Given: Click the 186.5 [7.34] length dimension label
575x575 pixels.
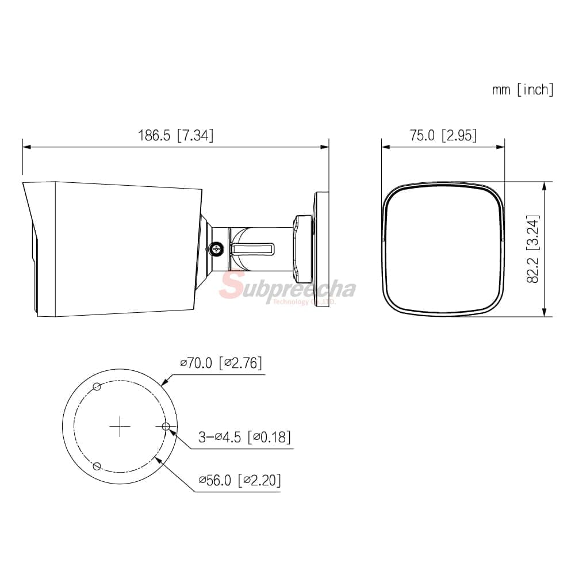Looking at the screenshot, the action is coord(175,135).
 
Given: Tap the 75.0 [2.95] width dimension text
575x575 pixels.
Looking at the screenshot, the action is coord(443,135).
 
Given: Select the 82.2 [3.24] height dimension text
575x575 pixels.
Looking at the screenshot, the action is coord(533,249).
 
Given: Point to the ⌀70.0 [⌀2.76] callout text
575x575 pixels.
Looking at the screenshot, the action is coord(221,363).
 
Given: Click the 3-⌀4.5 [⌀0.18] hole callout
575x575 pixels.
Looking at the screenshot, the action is coord(244,437).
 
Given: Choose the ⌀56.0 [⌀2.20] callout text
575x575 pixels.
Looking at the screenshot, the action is coord(240,480).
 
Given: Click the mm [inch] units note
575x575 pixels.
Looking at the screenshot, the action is coord(523,90).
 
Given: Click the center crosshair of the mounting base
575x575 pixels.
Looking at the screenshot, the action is coord(120,426).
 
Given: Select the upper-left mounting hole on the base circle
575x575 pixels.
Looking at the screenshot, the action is coord(97,386).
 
